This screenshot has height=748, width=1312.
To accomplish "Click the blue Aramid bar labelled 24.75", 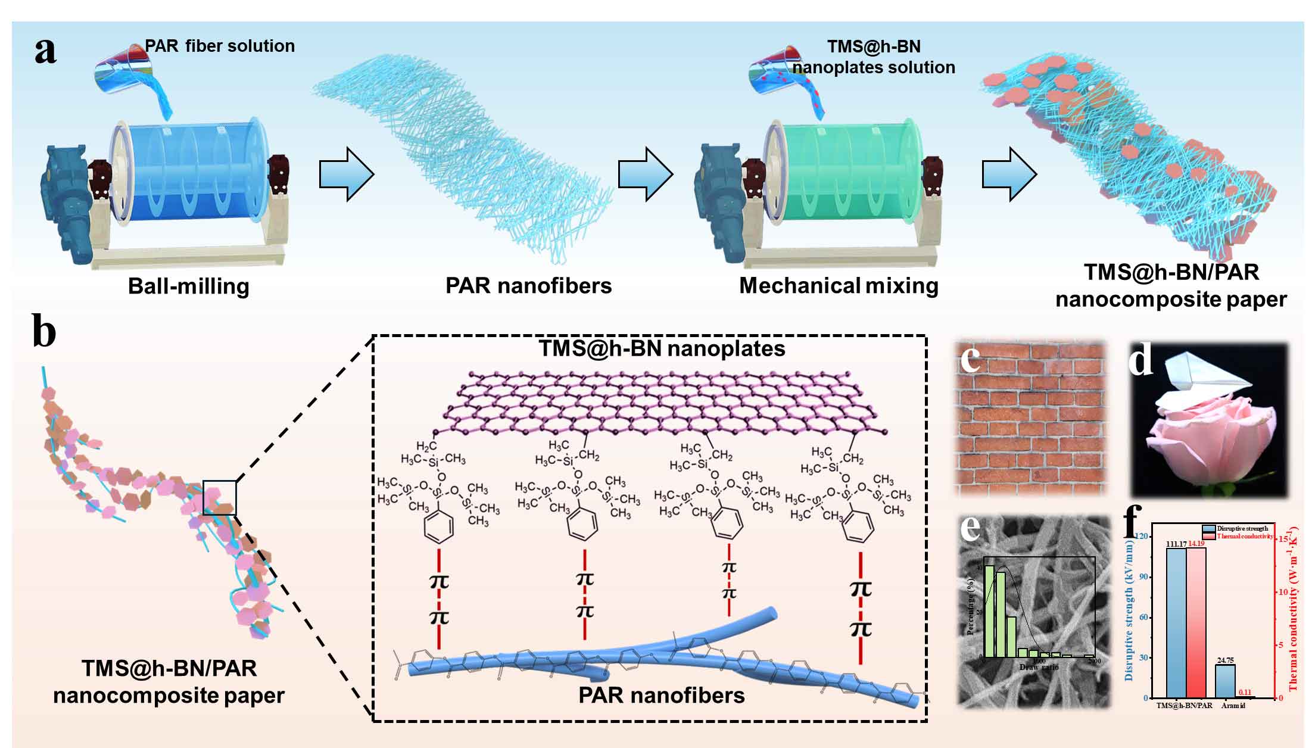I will [1224, 681].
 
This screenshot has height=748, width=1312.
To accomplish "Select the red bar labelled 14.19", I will [1196, 622].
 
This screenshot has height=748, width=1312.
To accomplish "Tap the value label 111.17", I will [1176, 544].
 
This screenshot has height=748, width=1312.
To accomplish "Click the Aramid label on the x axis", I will [1233, 706].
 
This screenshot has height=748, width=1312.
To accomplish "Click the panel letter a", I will [45, 51].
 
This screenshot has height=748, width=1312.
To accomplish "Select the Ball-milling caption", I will [188, 286].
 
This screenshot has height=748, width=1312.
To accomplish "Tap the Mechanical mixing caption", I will [839, 286].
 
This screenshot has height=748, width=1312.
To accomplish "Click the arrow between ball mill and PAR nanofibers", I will [346, 174].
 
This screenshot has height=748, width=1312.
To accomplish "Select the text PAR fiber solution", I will [220, 46].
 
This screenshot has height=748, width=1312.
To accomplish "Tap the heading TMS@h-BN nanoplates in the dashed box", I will [662, 348].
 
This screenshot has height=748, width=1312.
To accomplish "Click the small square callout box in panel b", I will [219, 497].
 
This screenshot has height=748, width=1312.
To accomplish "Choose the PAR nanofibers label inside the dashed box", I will [661, 695].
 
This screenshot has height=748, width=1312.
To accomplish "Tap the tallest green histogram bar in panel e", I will [989, 610].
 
